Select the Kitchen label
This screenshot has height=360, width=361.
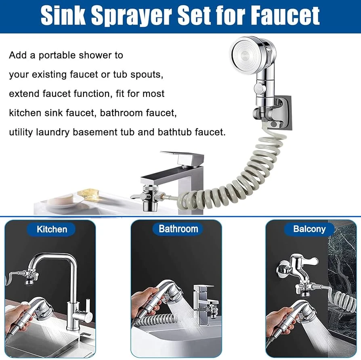click(52, 229)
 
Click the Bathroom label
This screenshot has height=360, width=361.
click(178, 229)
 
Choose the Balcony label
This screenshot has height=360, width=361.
click(309, 229)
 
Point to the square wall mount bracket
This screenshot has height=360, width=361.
click(283, 112)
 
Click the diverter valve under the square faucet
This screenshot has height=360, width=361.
click(149, 197)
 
